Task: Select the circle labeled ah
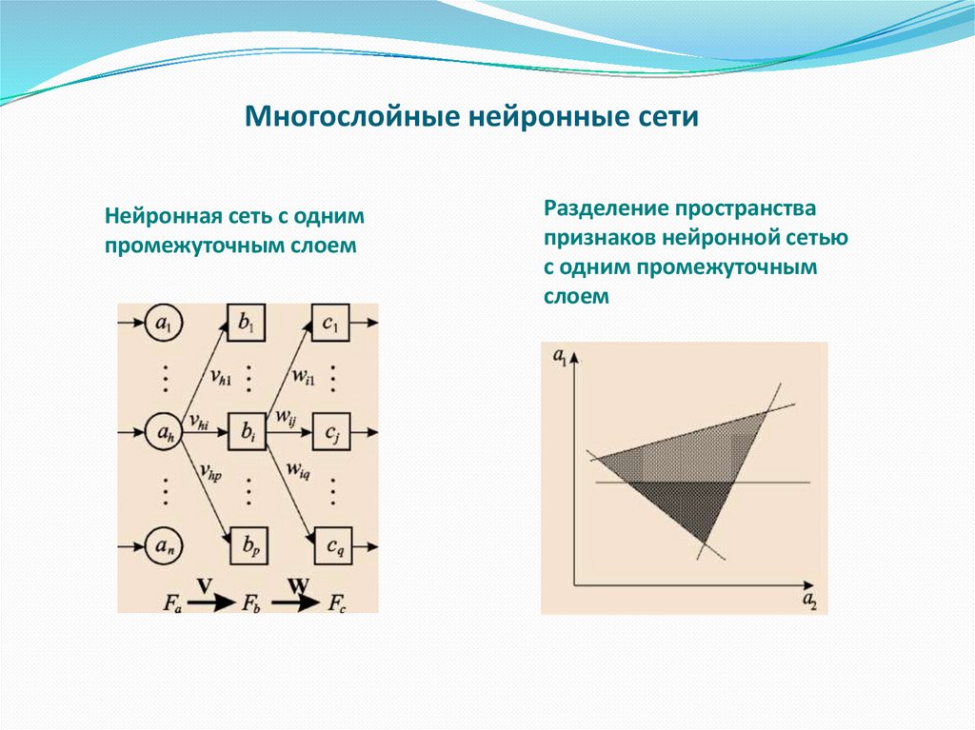(x=165, y=435)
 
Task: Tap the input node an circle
(x=165, y=546)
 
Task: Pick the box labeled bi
(x=248, y=435)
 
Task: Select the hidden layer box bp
(x=248, y=546)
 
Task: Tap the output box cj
(x=330, y=435)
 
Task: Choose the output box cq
(x=330, y=546)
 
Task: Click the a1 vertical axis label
(x=558, y=360)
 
